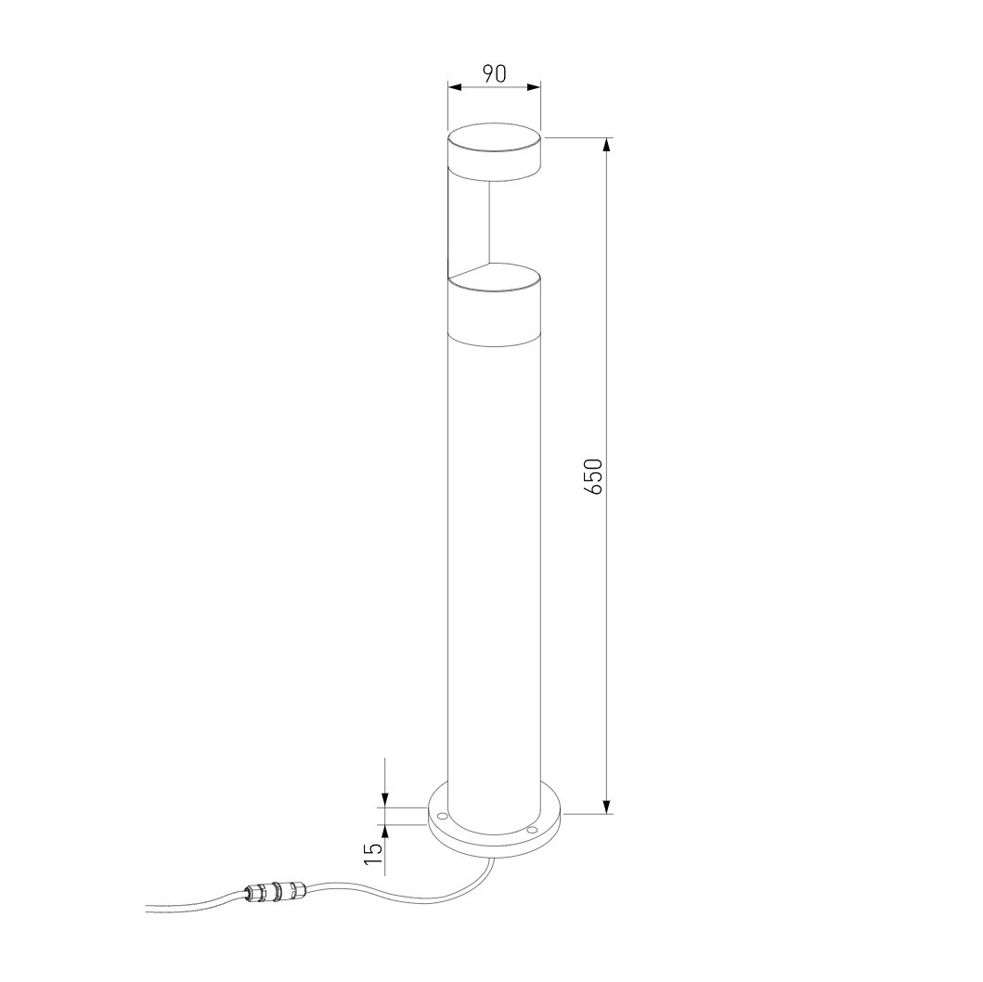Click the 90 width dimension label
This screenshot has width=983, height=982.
click(494, 73)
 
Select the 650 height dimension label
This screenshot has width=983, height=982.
click(593, 476)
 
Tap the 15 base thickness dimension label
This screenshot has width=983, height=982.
click(373, 853)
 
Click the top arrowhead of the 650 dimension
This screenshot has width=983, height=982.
click(606, 145)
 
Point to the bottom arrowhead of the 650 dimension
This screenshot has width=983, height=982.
click(606, 807)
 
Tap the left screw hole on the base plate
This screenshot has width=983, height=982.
click(441, 816)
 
